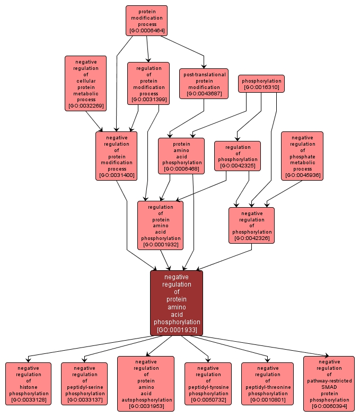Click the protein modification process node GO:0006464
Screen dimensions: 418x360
click(146, 21)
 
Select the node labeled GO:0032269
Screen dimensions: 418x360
click(86, 84)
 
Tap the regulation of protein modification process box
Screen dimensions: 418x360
click(148, 83)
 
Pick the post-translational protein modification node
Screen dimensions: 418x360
click(204, 84)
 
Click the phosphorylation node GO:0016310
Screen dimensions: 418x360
click(261, 84)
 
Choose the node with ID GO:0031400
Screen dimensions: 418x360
click(116, 156)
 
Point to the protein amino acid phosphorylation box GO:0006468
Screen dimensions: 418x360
click(182, 156)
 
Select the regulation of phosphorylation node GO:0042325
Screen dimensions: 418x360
click(238, 156)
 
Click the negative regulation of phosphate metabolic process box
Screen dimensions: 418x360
click(302, 156)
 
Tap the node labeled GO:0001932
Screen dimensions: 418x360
click(160, 226)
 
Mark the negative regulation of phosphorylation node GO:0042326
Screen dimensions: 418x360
click(251, 226)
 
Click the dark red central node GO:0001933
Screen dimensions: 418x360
click(177, 303)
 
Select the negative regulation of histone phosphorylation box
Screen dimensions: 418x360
click(29, 384)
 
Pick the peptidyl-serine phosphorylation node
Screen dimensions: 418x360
click(84, 384)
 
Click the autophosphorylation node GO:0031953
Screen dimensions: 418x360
click(146, 384)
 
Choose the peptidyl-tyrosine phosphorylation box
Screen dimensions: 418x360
click(208, 384)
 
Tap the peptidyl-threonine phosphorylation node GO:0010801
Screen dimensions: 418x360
click(268, 384)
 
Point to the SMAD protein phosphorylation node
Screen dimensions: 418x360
click(329, 384)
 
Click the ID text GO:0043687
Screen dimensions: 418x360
click(204, 94)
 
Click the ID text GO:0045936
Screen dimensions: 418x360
click(302, 175)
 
